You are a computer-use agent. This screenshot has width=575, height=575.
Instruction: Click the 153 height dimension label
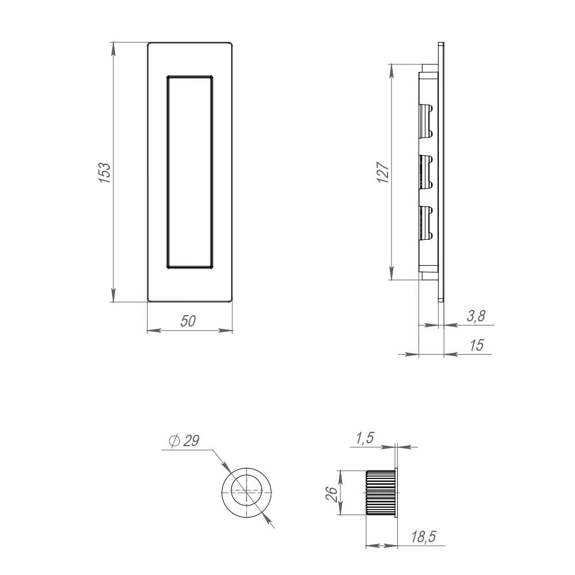[x=104, y=172]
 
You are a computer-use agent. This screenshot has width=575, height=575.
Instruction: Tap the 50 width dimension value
[x=189, y=321]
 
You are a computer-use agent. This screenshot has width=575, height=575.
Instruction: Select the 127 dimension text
[x=384, y=172]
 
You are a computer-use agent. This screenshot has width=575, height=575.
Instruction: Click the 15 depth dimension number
[x=477, y=345]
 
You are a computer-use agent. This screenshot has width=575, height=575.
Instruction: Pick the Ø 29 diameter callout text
[x=184, y=440]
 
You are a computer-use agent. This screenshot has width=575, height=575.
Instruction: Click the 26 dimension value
[x=331, y=493]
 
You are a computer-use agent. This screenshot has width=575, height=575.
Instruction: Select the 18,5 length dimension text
[x=423, y=537]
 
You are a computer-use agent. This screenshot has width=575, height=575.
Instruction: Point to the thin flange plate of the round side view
[x=397, y=493]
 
